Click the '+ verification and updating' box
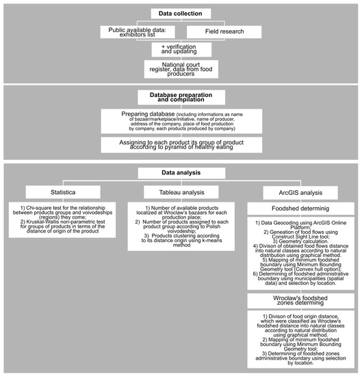point(180,49)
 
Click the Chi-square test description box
point(64,219)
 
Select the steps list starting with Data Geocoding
point(295,252)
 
